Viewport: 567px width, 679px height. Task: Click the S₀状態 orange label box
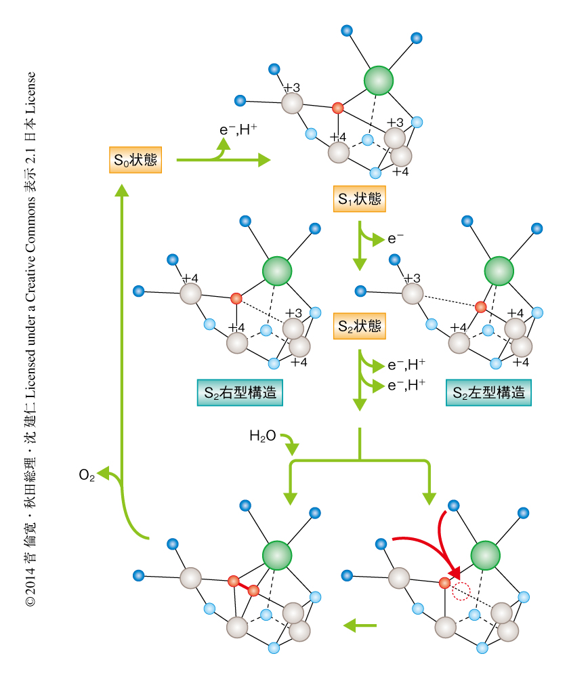tap(135, 161)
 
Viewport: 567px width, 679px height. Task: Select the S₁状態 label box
tap(359, 199)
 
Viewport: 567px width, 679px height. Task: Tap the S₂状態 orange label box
tap(359, 327)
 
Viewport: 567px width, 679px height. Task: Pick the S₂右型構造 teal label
tap(240, 393)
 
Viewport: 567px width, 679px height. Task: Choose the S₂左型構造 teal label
tap(488, 393)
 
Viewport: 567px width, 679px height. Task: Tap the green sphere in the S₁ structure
tap(379, 80)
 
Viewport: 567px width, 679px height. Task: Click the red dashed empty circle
tap(461, 592)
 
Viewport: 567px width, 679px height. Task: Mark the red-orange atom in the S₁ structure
tap(337, 108)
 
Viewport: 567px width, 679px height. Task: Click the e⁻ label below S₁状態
tap(396, 239)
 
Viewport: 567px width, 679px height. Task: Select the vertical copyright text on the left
tap(30, 339)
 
